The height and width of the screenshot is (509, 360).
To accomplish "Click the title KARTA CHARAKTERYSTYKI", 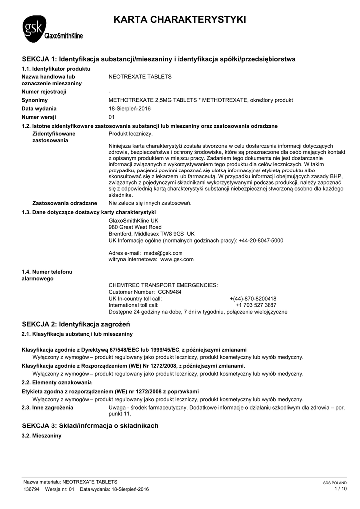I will pos(180,20).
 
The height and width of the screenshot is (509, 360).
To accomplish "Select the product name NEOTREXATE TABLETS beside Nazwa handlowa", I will pos(140,77).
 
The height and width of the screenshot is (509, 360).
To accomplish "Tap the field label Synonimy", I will pos(34,100).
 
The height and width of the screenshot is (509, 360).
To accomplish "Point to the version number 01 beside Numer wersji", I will pos(112,117).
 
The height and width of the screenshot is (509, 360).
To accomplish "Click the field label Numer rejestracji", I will pos(44,92).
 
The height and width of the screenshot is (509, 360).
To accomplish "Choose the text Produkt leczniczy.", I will pos(131,134).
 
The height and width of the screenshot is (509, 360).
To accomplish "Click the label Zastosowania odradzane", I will pos(65,203).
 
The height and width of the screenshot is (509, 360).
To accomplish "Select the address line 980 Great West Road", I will pos(135,227).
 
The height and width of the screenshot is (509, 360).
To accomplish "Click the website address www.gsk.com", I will pos(177,259).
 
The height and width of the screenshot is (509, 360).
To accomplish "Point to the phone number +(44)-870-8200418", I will pos(253,298).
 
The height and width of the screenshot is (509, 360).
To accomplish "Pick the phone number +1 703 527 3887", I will pos(256,305).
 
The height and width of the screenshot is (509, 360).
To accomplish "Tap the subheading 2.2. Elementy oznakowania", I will pos(57,382).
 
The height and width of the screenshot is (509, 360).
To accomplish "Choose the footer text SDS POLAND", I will pos(335,483).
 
